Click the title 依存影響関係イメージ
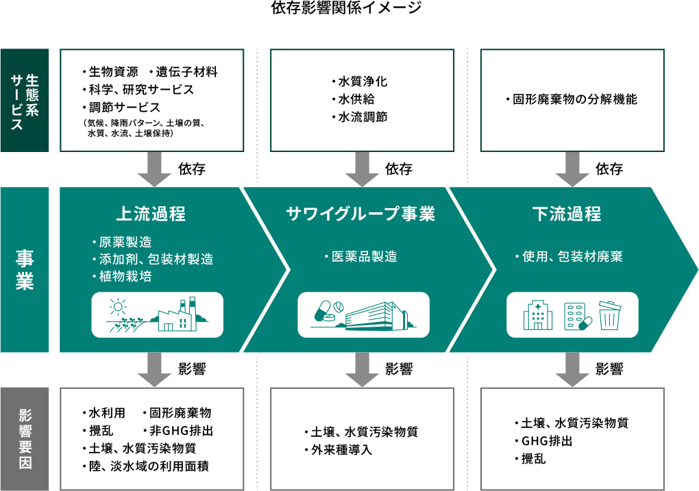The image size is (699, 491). tap(349, 9)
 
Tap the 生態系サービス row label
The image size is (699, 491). tap(25, 100)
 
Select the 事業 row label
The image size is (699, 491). tap(25, 270)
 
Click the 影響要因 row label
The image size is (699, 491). tap(25, 439)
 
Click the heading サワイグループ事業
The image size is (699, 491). tap(360, 214)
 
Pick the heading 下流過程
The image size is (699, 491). tap(567, 214)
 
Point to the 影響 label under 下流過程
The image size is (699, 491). tap(609, 370)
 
